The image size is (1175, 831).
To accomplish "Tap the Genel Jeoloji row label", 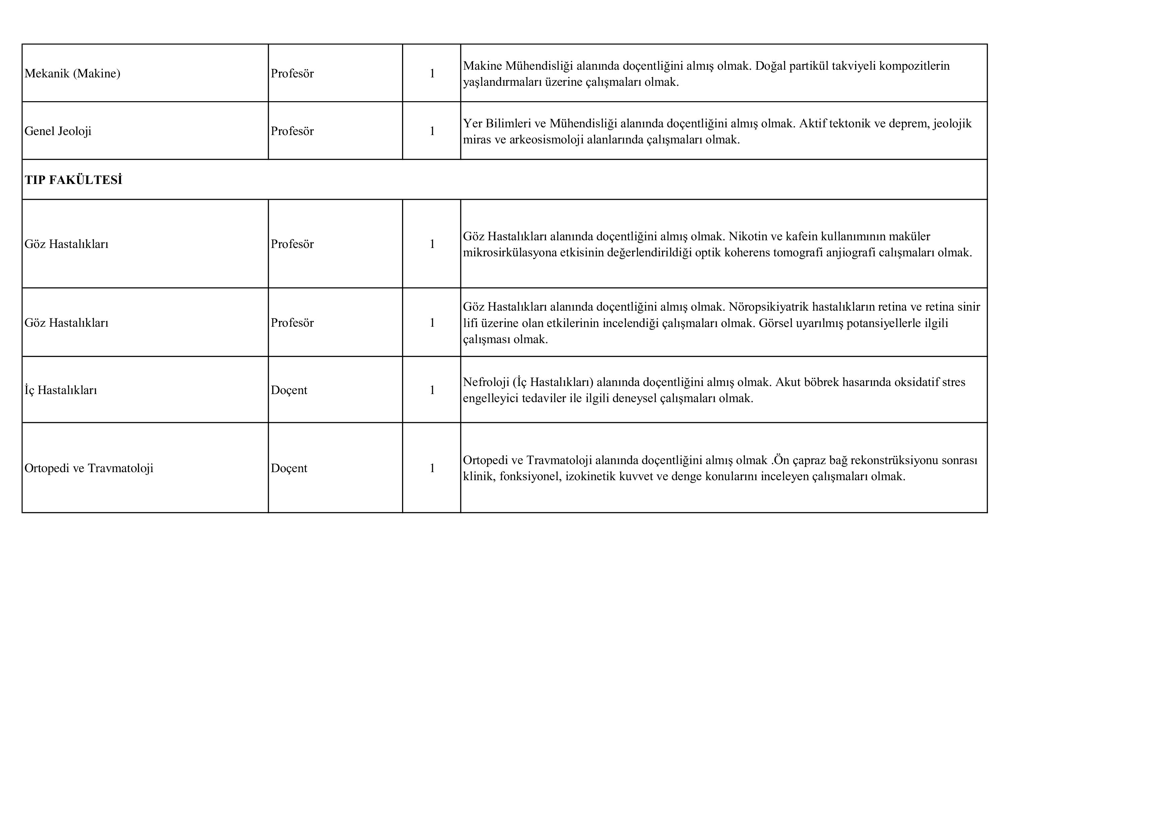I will tap(58, 131).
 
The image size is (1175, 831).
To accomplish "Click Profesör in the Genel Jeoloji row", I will tap(292, 131).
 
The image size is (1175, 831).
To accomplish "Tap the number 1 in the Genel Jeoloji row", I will tap(432, 131).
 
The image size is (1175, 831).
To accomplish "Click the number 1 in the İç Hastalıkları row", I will tap(432, 390).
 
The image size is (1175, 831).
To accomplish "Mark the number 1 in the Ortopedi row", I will tap(432, 468).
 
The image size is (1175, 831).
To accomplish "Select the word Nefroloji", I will tap(486, 382).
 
